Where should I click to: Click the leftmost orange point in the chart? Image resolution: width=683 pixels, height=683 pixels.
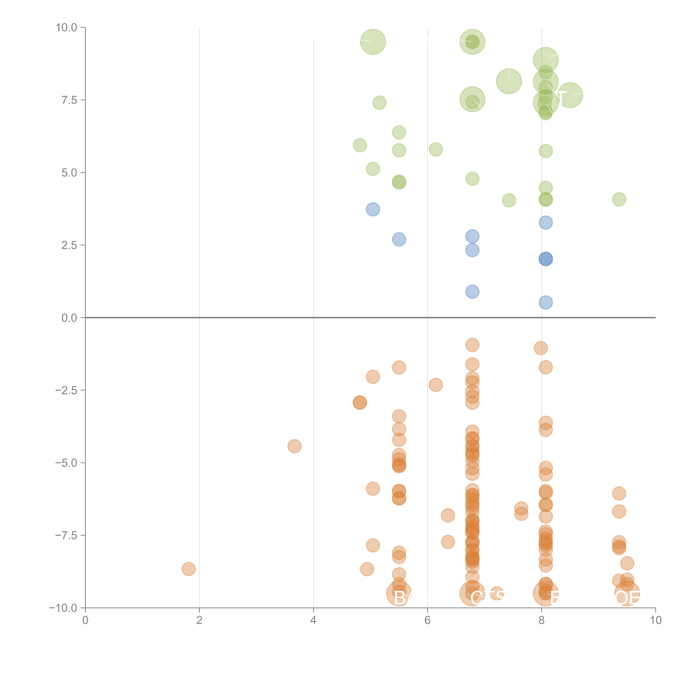pyautogui.click(x=189, y=569)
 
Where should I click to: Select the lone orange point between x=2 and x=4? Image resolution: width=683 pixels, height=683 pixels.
pyautogui.click(x=295, y=446)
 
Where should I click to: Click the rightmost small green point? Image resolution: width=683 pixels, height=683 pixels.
pyautogui.click(x=619, y=199)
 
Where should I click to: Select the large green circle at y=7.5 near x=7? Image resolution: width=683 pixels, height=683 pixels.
pyautogui.click(x=472, y=99)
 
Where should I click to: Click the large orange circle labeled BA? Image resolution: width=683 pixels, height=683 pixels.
pyautogui.click(x=399, y=594)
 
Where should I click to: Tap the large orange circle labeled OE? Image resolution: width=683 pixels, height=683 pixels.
pyautogui.click(x=627, y=594)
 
